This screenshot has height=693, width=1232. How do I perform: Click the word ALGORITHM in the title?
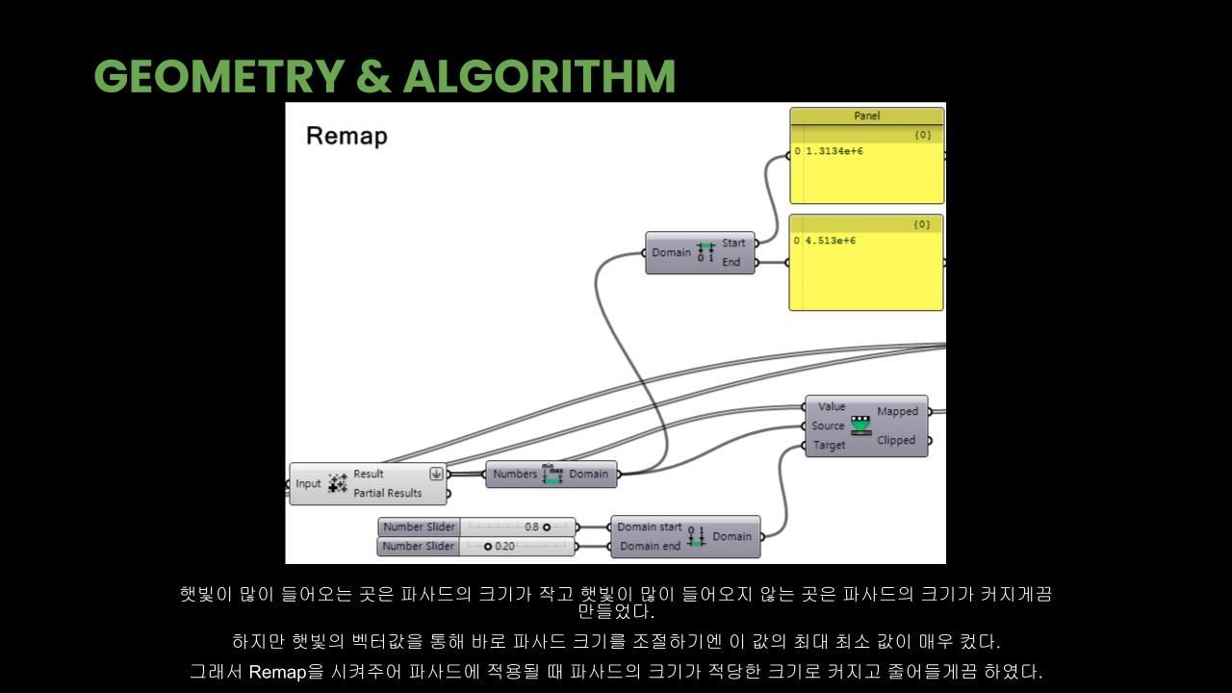click(539, 77)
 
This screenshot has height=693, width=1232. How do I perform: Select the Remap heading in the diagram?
click(346, 136)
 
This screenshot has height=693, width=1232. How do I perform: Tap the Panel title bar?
click(866, 115)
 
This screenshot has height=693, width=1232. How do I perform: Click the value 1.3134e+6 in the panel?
click(834, 151)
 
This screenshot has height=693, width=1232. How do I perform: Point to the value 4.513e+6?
click(830, 241)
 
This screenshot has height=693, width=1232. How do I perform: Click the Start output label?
click(733, 243)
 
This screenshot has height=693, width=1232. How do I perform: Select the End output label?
click(731, 262)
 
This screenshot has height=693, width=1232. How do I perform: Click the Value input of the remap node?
click(831, 406)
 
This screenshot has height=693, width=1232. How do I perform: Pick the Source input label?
click(828, 425)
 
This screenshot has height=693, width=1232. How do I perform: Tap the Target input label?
click(829, 445)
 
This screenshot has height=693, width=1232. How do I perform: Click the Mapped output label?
click(897, 411)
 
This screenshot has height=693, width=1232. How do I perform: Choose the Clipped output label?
click(896, 440)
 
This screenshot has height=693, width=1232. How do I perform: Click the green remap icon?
click(860, 424)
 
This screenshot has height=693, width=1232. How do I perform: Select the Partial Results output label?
click(387, 493)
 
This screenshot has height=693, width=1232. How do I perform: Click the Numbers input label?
click(515, 474)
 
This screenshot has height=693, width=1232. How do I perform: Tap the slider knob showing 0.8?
click(547, 527)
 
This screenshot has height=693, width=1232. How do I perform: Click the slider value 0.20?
click(504, 547)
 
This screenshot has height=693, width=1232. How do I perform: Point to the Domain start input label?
click(649, 526)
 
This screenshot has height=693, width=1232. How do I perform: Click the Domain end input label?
click(650, 546)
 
